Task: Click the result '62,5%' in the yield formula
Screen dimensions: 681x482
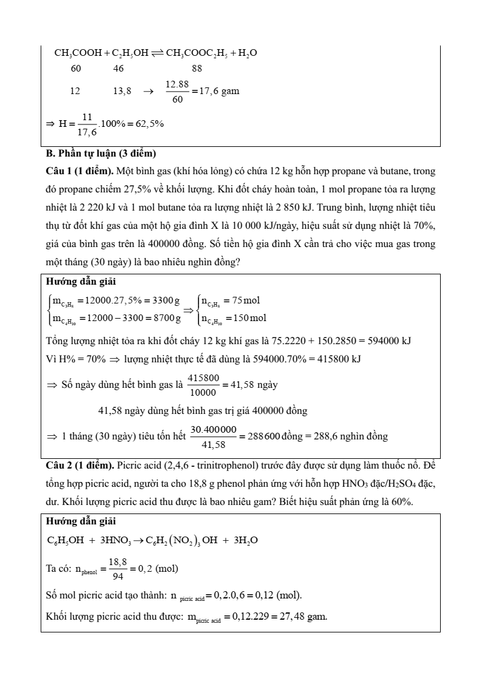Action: [149, 123]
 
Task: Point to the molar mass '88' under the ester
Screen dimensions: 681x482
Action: [197, 69]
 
